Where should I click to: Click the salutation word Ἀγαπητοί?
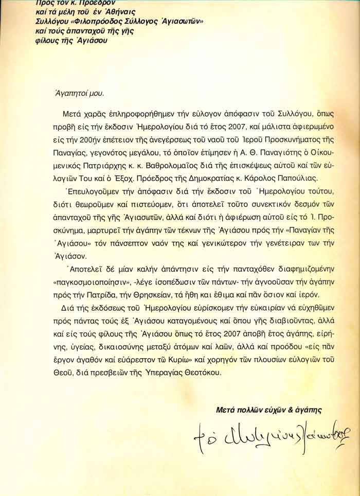[x=67, y=94]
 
